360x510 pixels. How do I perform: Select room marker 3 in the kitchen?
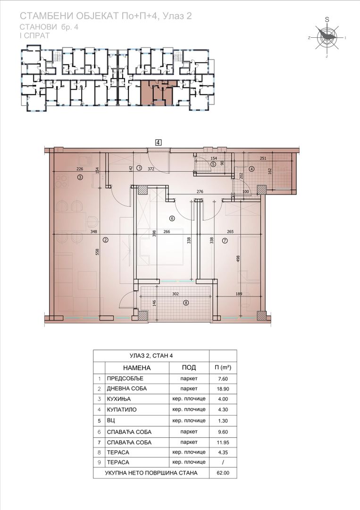[80, 177]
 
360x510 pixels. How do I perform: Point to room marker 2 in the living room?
[105, 240]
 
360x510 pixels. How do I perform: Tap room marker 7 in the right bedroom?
[225, 241]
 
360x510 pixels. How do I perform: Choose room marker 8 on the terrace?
[186, 303]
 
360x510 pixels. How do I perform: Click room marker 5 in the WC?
[213, 164]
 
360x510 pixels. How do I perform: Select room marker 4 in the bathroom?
[251, 169]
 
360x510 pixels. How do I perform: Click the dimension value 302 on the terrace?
[176, 294]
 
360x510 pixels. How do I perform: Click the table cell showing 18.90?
[223, 389]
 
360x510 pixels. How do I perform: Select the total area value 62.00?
[223, 473]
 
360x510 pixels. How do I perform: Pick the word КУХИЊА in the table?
[118, 399]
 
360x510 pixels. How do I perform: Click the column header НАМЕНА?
[137, 368]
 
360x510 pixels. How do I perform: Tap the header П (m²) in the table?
[223, 367]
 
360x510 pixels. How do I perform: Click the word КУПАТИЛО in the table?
[122, 410]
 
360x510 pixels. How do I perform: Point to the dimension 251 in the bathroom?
[263, 158]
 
